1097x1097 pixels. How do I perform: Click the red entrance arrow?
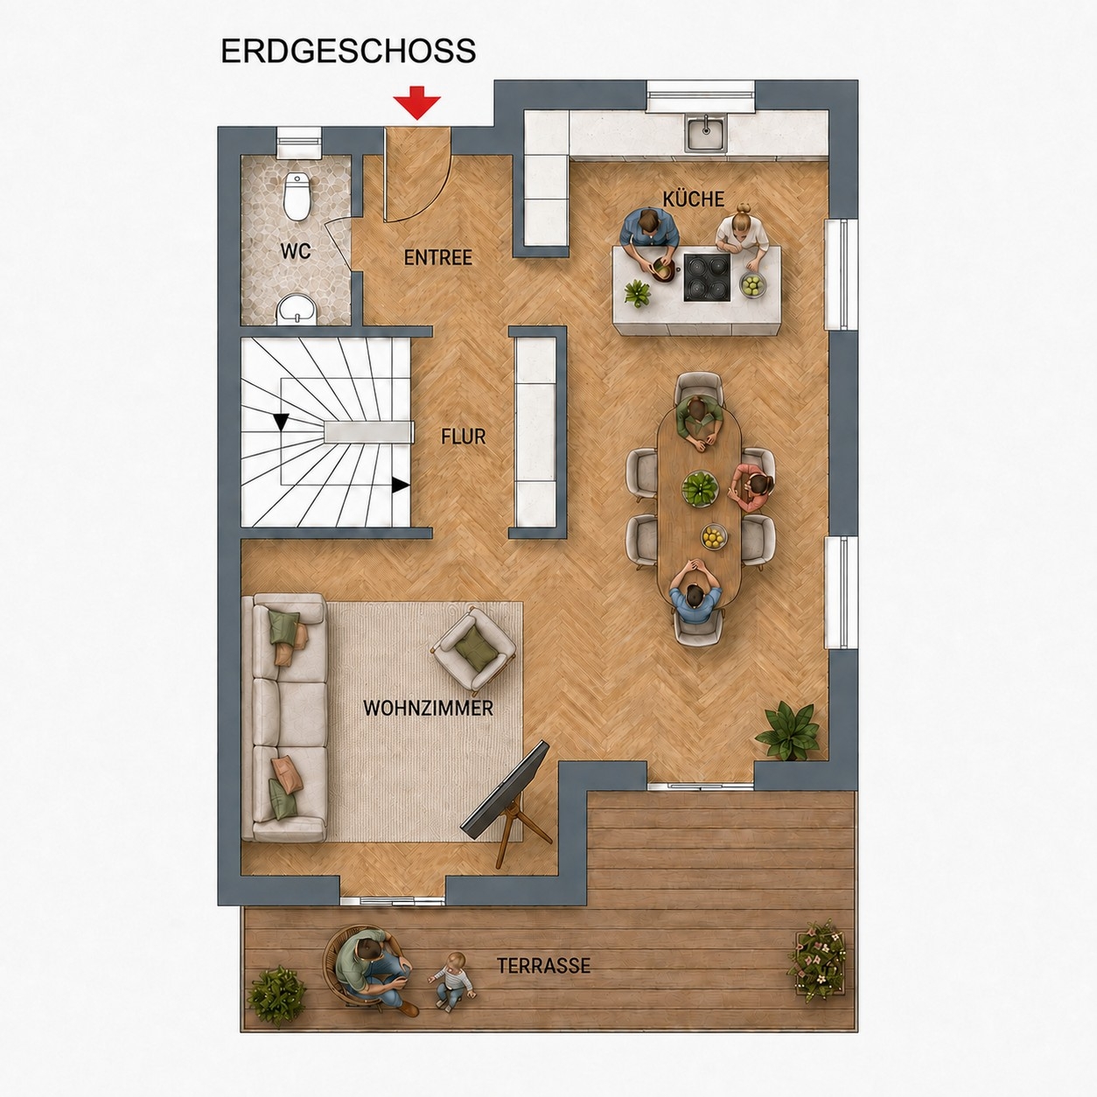[416, 102]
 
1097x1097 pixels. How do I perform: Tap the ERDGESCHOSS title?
[348, 52]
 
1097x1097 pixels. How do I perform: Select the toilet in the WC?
[297, 196]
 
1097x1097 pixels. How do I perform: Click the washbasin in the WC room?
[297, 309]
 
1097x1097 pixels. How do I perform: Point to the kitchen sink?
[705, 134]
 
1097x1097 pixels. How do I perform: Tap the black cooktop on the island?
[707, 277]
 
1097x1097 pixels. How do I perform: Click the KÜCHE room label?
[694, 199]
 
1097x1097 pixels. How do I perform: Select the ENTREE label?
[437, 258]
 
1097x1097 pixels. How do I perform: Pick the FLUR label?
[464, 437]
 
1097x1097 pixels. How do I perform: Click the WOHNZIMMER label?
[428, 709]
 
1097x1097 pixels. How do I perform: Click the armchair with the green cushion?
[474, 648]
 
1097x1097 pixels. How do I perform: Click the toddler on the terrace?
[452, 982]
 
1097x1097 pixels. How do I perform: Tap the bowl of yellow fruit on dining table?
[713, 536]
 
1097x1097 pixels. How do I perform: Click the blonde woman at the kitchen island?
[743, 236]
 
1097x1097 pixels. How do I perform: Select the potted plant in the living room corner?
[789, 731]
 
